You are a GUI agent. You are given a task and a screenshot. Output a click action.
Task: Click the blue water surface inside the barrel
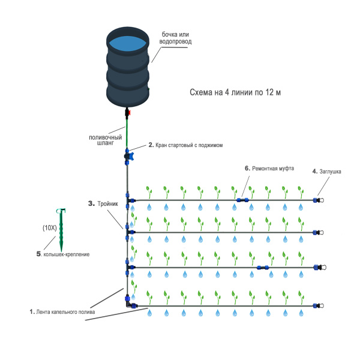coord(127,44)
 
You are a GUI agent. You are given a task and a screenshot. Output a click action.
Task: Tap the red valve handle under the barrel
coord(129,113)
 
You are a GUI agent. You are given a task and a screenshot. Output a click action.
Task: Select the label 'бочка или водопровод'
coord(175,38)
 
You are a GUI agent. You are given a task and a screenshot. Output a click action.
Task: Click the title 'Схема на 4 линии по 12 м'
coord(235,92)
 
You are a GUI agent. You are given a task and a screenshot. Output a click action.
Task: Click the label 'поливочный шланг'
coord(106,140)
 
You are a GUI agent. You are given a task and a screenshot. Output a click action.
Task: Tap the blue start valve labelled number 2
coord(128,157)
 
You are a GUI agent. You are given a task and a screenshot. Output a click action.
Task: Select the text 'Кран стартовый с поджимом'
coord(189,145)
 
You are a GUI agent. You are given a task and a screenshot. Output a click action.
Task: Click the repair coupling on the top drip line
coord(242,200)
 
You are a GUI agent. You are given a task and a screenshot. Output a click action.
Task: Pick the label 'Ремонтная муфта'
coord(273,168)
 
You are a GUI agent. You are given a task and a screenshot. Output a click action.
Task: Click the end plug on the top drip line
coord(319,200)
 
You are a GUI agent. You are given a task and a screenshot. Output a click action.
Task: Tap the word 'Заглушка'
coord(330,172)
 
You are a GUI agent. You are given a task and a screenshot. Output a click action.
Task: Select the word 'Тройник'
coord(107,203)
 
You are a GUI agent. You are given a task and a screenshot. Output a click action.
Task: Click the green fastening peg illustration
coord(61,229)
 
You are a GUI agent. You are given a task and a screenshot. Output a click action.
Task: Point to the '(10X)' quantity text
coord(50,228)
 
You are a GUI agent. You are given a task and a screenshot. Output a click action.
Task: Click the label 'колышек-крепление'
coord(67,254)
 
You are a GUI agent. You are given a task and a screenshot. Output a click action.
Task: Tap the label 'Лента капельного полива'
coord(65,312)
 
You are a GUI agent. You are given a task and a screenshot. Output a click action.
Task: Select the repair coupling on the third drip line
coord(263,268)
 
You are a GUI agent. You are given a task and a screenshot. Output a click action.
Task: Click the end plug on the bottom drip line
coord(319,305)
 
